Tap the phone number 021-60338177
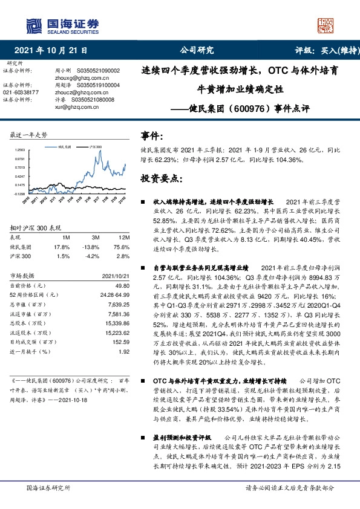click(x=22, y=92)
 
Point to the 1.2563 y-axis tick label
click(x=20, y=149)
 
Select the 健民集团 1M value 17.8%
click(x=62, y=247)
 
